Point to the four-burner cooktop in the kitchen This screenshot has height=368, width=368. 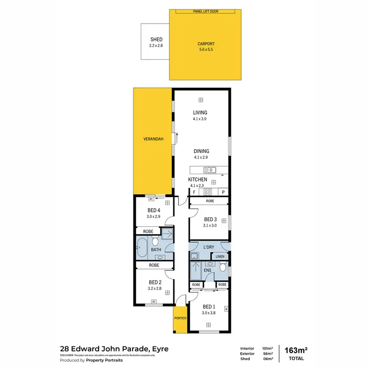pos(208,192)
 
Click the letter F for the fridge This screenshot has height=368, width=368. pos(194,192)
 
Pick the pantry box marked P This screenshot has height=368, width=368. pos(223,192)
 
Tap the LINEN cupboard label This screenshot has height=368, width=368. pos(220,256)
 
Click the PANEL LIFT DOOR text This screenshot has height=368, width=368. pos(200,11)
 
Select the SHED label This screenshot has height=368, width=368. pos(156,40)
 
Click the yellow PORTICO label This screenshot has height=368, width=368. pos(179,318)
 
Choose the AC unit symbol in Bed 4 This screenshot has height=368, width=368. pos(151,199)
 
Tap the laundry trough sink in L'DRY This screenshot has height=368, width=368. pos(194,256)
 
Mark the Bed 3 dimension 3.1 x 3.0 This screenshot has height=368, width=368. pos(210,226)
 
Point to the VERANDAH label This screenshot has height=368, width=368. pos(153,139)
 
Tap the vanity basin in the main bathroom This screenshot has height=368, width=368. pos(164,256)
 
